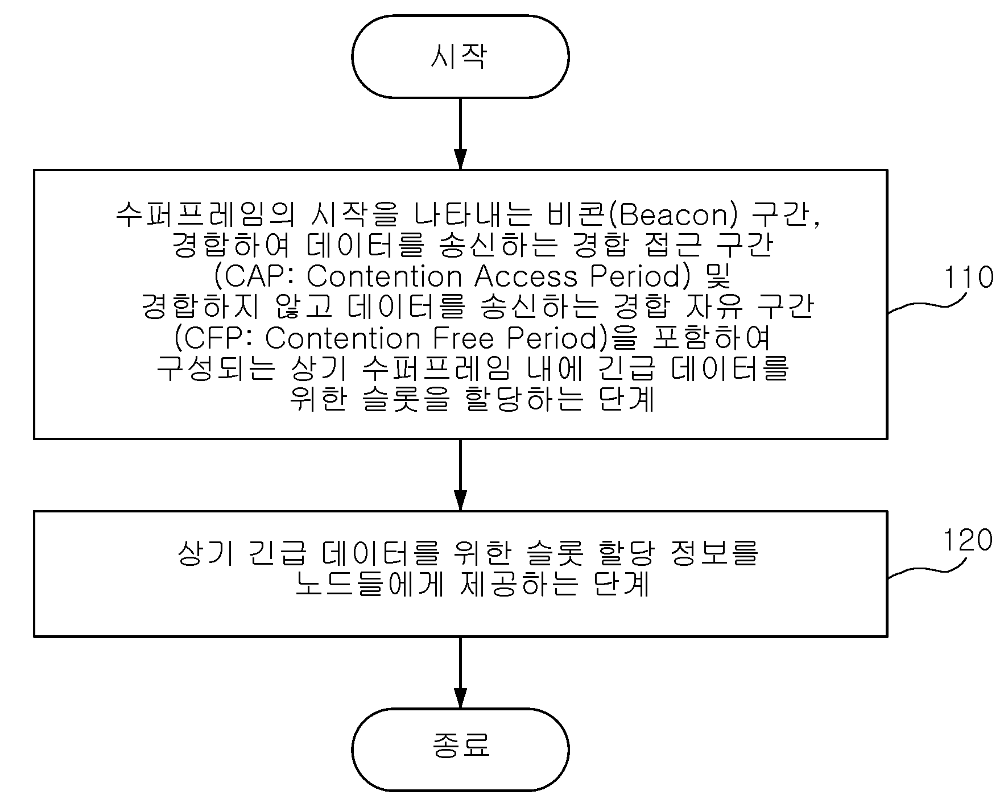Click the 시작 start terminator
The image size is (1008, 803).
click(460, 57)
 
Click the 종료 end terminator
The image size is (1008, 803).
click(460, 750)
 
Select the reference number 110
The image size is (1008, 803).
click(969, 278)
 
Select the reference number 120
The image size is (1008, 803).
click(968, 540)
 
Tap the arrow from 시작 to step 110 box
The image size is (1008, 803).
click(460, 134)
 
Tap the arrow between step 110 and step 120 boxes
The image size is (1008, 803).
click(460, 475)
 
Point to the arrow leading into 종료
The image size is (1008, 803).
click(460, 672)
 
